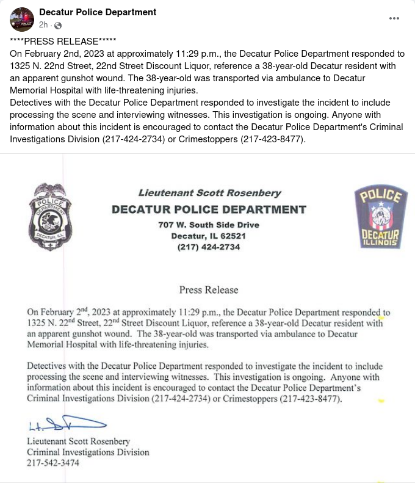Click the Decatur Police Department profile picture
pos(22,20)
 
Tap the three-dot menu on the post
pos(395,18)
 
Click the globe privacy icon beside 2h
pos(58,26)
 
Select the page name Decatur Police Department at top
pos(98,12)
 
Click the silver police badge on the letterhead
pos(51,216)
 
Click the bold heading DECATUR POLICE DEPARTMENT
pos(209,210)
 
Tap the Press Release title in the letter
pos(209,289)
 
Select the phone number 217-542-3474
pos(52,463)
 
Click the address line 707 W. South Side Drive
pos(209,225)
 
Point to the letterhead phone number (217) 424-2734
pos(209,247)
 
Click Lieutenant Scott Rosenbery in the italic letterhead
pos(209,193)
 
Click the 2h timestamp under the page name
pos(43,25)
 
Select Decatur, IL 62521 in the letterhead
pos(209,236)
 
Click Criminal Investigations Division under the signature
pos(88,452)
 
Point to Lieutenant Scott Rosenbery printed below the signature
pos(79,441)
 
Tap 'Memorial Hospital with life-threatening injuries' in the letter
pos(118,345)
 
